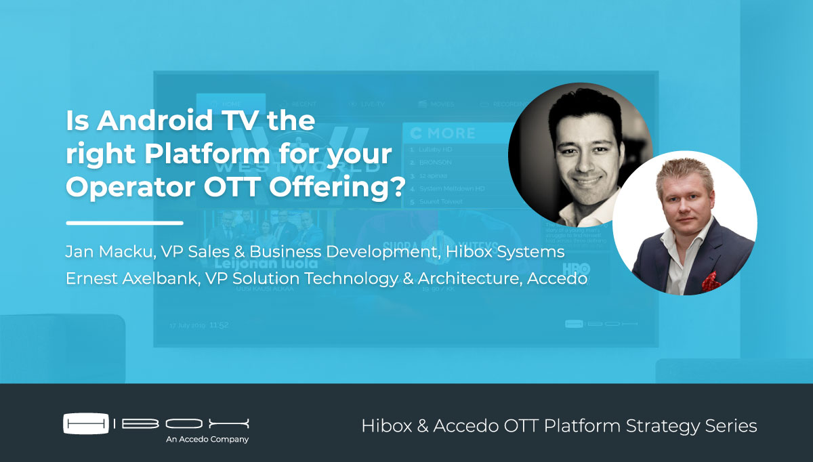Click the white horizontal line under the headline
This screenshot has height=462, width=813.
click(125, 222)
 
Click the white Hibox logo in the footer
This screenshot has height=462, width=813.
click(157, 423)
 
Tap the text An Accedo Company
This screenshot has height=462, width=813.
click(207, 440)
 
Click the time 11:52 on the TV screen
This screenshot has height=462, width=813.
click(219, 325)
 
